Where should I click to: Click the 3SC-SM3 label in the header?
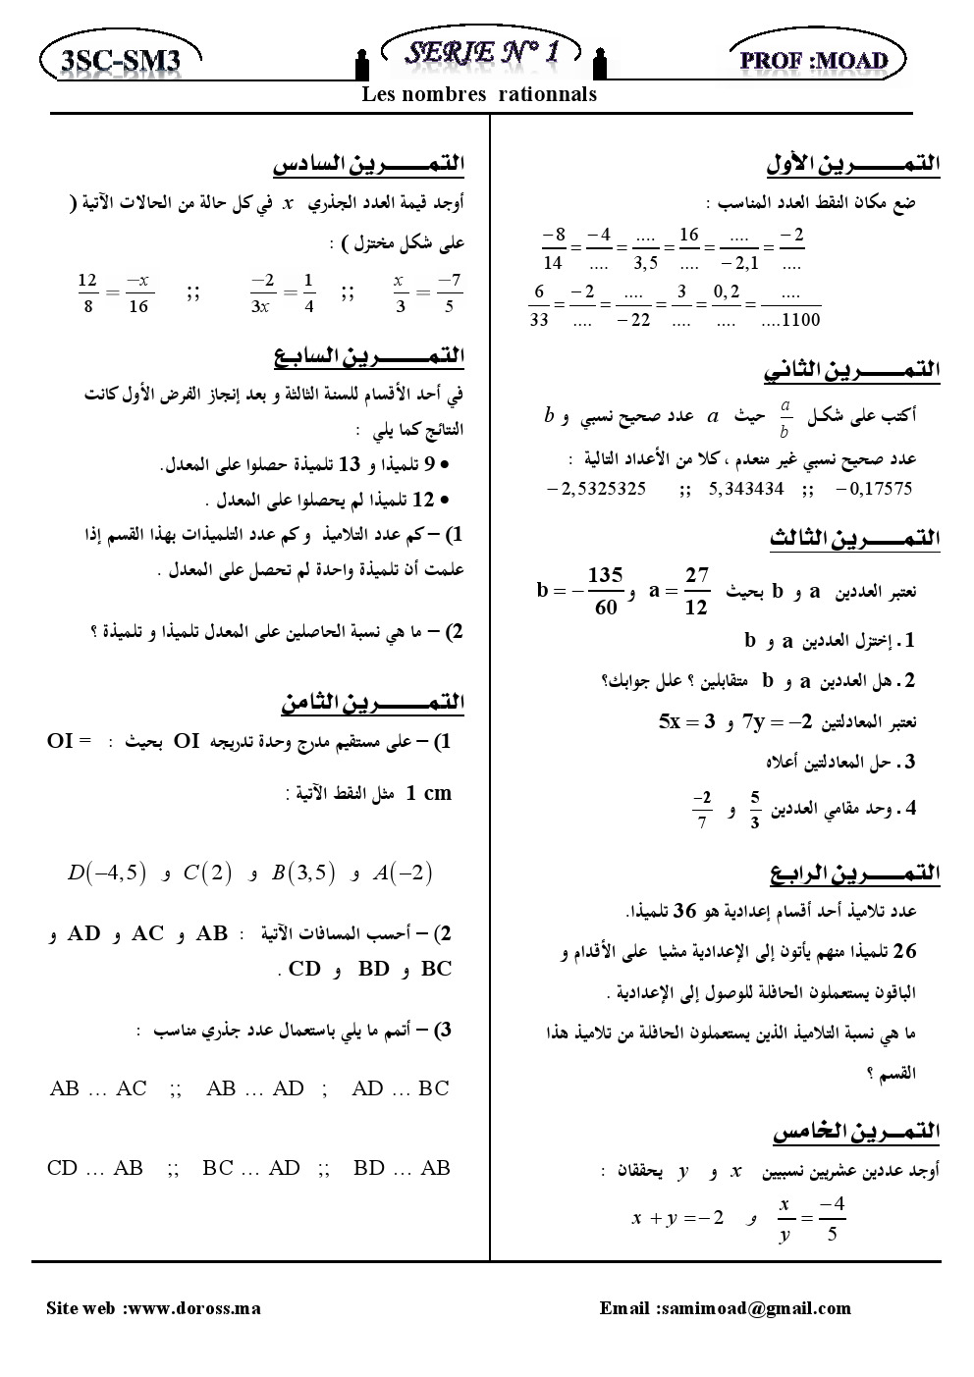click(120, 61)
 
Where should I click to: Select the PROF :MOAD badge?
click(818, 61)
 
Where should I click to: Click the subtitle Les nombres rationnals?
click(479, 94)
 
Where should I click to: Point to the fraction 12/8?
click(87, 292)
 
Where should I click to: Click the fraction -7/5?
click(450, 292)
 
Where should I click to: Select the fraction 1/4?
click(308, 292)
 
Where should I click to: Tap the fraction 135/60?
click(606, 591)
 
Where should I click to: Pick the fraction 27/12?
click(696, 591)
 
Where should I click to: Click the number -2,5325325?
click(595, 488)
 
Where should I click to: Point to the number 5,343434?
click(745, 488)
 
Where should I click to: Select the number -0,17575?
click(872, 488)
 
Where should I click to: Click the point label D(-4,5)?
click(107, 872)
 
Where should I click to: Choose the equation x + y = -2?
click(678, 1218)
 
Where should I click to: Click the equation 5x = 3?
click(686, 722)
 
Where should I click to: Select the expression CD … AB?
click(95, 1168)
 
